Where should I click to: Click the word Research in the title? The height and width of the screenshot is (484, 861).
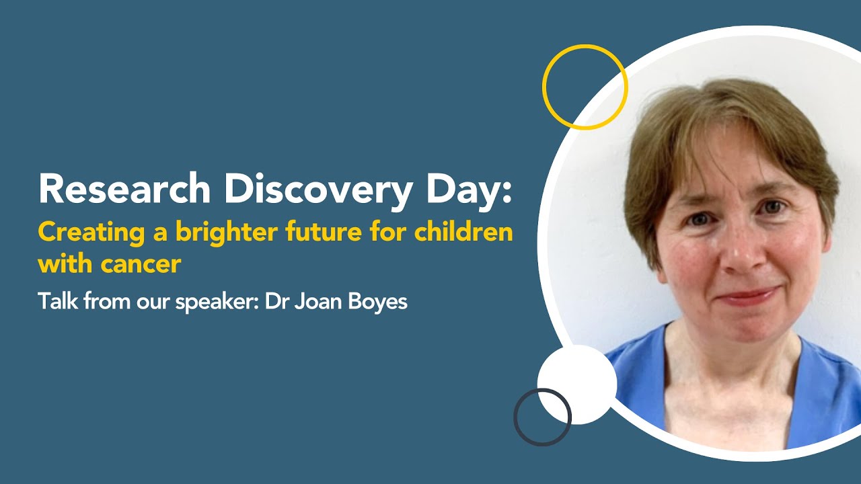(x=125, y=189)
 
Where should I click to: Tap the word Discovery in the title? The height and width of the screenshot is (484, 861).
(x=318, y=189)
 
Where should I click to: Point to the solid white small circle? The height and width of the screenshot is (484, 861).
(x=577, y=385)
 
